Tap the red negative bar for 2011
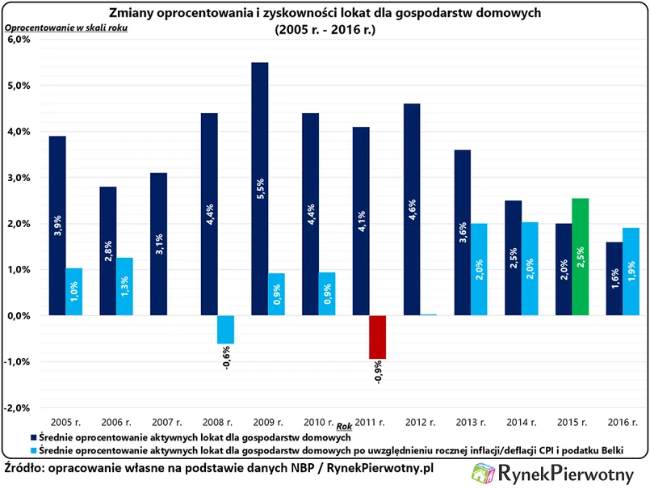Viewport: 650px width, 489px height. point(377,337)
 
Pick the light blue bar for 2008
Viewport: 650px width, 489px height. point(225,329)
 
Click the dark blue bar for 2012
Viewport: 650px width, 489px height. point(412,209)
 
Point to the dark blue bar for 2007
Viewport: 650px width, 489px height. point(160,243)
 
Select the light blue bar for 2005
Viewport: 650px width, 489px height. point(74,292)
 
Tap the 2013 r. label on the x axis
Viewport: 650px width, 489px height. point(469,422)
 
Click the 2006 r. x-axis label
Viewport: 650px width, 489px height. point(116,422)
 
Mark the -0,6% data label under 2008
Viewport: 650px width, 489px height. point(225,356)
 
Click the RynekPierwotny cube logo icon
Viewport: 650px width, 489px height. point(484,474)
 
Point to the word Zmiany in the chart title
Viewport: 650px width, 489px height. point(131,12)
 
